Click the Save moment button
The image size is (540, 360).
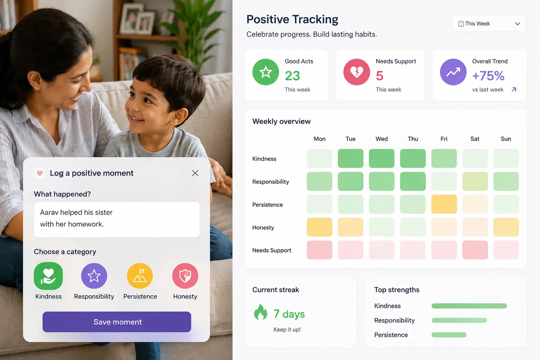pos(116,322)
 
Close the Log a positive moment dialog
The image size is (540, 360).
pos(195,173)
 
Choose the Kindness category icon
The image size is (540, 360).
pos(48,276)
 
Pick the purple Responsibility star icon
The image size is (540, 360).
pos(94,276)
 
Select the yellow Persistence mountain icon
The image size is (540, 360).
pos(140,276)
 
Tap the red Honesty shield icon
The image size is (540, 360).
pos(185,276)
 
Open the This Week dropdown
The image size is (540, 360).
pos(489,24)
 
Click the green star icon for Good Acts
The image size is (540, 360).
pos(266,72)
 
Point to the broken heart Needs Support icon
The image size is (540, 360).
pos(356,72)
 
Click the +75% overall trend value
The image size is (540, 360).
pos(488,76)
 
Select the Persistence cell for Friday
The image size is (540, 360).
pos(444,204)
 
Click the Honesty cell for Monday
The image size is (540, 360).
pos(319,227)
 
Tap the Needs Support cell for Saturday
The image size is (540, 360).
pos(475,250)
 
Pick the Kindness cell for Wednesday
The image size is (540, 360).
pos(381,159)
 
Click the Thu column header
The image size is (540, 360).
pos(413,139)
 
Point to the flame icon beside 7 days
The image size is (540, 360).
pos(261,312)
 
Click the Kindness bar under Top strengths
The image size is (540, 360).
pos(469,306)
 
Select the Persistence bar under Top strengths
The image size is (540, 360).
pos(449,335)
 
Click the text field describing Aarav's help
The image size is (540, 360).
pos(116,220)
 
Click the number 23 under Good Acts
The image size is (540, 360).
pos(292,76)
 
